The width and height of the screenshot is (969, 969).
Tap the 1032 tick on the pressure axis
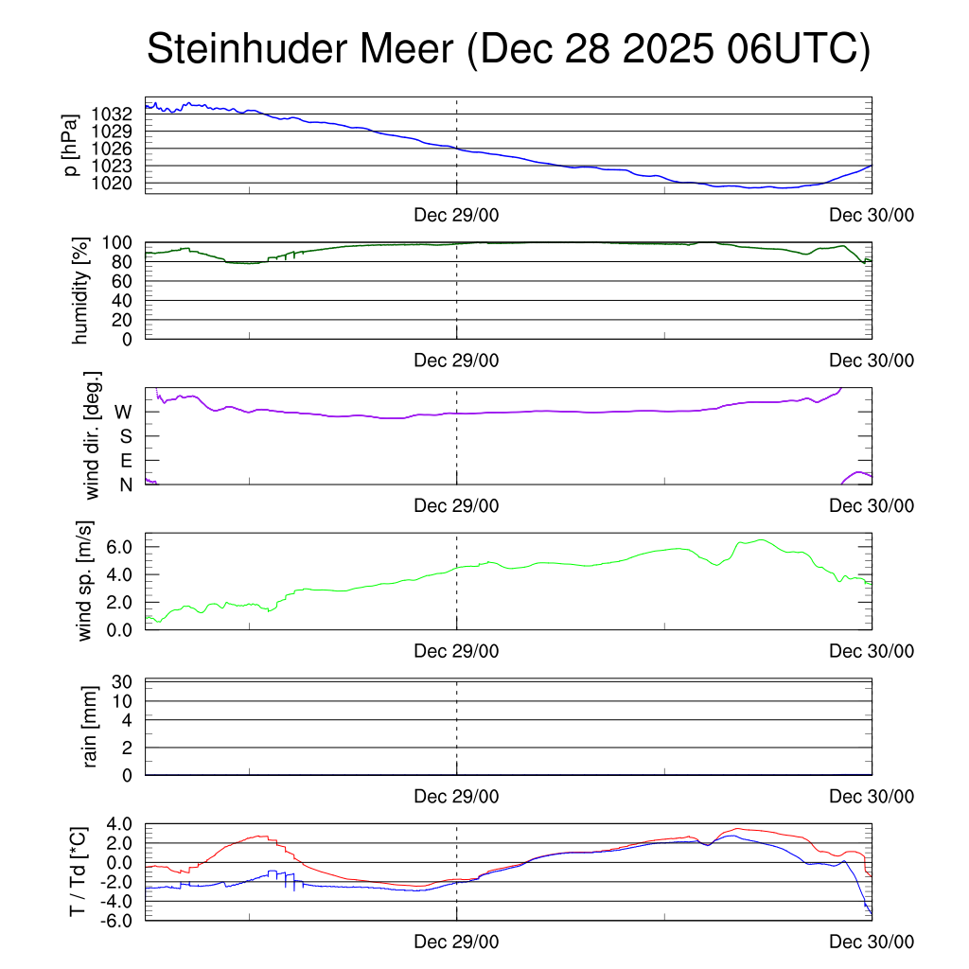pos(112,114)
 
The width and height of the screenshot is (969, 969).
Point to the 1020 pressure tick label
pos(112,183)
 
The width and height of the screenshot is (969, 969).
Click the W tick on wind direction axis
pos(123,413)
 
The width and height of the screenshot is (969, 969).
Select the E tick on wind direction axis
pos(125,461)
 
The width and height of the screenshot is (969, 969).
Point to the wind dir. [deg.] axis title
pos(92,436)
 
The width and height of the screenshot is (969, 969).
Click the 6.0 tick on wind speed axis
pos(117,547)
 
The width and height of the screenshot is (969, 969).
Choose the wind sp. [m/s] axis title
pos(85,581)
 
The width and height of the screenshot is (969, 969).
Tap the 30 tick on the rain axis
pos(123,682)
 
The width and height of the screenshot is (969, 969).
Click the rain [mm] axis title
pos(91,727)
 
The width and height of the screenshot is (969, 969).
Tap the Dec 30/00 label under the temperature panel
pos(872,943)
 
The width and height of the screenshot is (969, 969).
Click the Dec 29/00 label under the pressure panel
pos(456,215)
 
